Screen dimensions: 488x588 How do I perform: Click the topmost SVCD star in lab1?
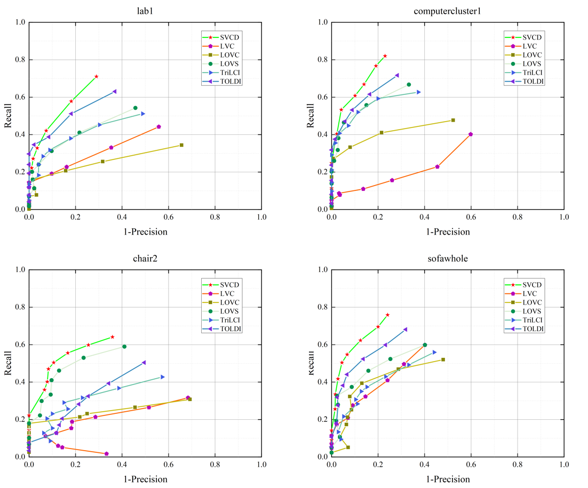coord(96,77)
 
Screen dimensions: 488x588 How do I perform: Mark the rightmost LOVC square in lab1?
coord(181,145)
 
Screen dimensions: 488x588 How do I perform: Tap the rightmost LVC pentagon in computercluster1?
coord(470,134)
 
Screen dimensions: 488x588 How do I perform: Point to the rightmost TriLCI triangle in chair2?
coord(163,377)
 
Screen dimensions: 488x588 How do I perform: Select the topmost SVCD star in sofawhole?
coord(387,315)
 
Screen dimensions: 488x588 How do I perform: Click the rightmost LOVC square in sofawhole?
coord(443,359)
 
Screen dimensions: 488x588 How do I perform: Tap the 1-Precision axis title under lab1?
coord(145,232)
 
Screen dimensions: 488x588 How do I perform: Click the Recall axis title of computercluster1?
coord(310,115)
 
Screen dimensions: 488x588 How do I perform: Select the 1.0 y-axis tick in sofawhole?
coord(321,270)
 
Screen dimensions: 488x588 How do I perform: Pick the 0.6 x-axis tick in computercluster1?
coord(471,217)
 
